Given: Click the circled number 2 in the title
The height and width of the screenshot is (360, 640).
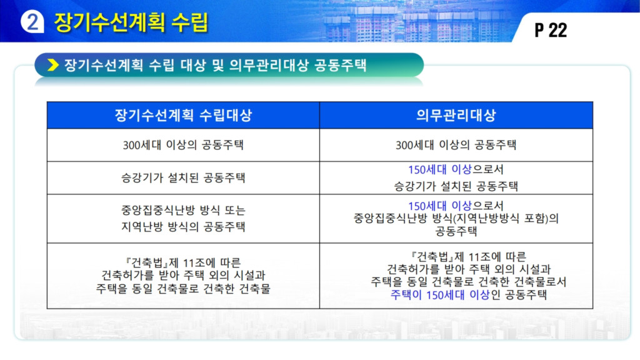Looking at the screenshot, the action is (x=32, y=21).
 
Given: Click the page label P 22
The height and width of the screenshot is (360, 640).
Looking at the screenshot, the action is (x=551, y=30).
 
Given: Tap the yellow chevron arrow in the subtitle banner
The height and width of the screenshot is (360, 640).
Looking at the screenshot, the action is (x=53, y=65).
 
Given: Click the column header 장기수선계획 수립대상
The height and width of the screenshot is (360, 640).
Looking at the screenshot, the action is (x=183, y=115).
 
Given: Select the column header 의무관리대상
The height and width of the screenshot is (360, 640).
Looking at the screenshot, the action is (x=456, y=115).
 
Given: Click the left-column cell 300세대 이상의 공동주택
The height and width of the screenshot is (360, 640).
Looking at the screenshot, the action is (x=183, y=145).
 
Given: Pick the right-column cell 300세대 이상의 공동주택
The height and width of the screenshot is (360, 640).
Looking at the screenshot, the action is (x=456, y=145).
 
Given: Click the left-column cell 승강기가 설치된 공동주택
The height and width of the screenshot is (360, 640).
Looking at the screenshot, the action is (x=183, y=178).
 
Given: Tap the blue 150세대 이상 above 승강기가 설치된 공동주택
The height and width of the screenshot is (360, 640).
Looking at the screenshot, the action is (x=440, y=169).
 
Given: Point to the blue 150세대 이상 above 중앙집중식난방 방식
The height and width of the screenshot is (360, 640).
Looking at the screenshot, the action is (x=440, y=206).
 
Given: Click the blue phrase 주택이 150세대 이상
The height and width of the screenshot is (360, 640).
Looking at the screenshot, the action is (x=440, y=295).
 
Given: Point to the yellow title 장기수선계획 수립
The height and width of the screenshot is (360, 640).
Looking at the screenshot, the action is (x=131, y=22).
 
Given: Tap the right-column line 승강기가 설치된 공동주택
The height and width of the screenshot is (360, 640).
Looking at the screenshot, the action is (x=456, y=186).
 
